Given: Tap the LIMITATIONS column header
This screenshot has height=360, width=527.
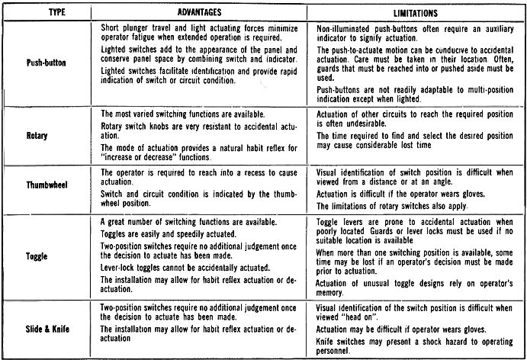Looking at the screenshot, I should [x=415, y=14].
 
